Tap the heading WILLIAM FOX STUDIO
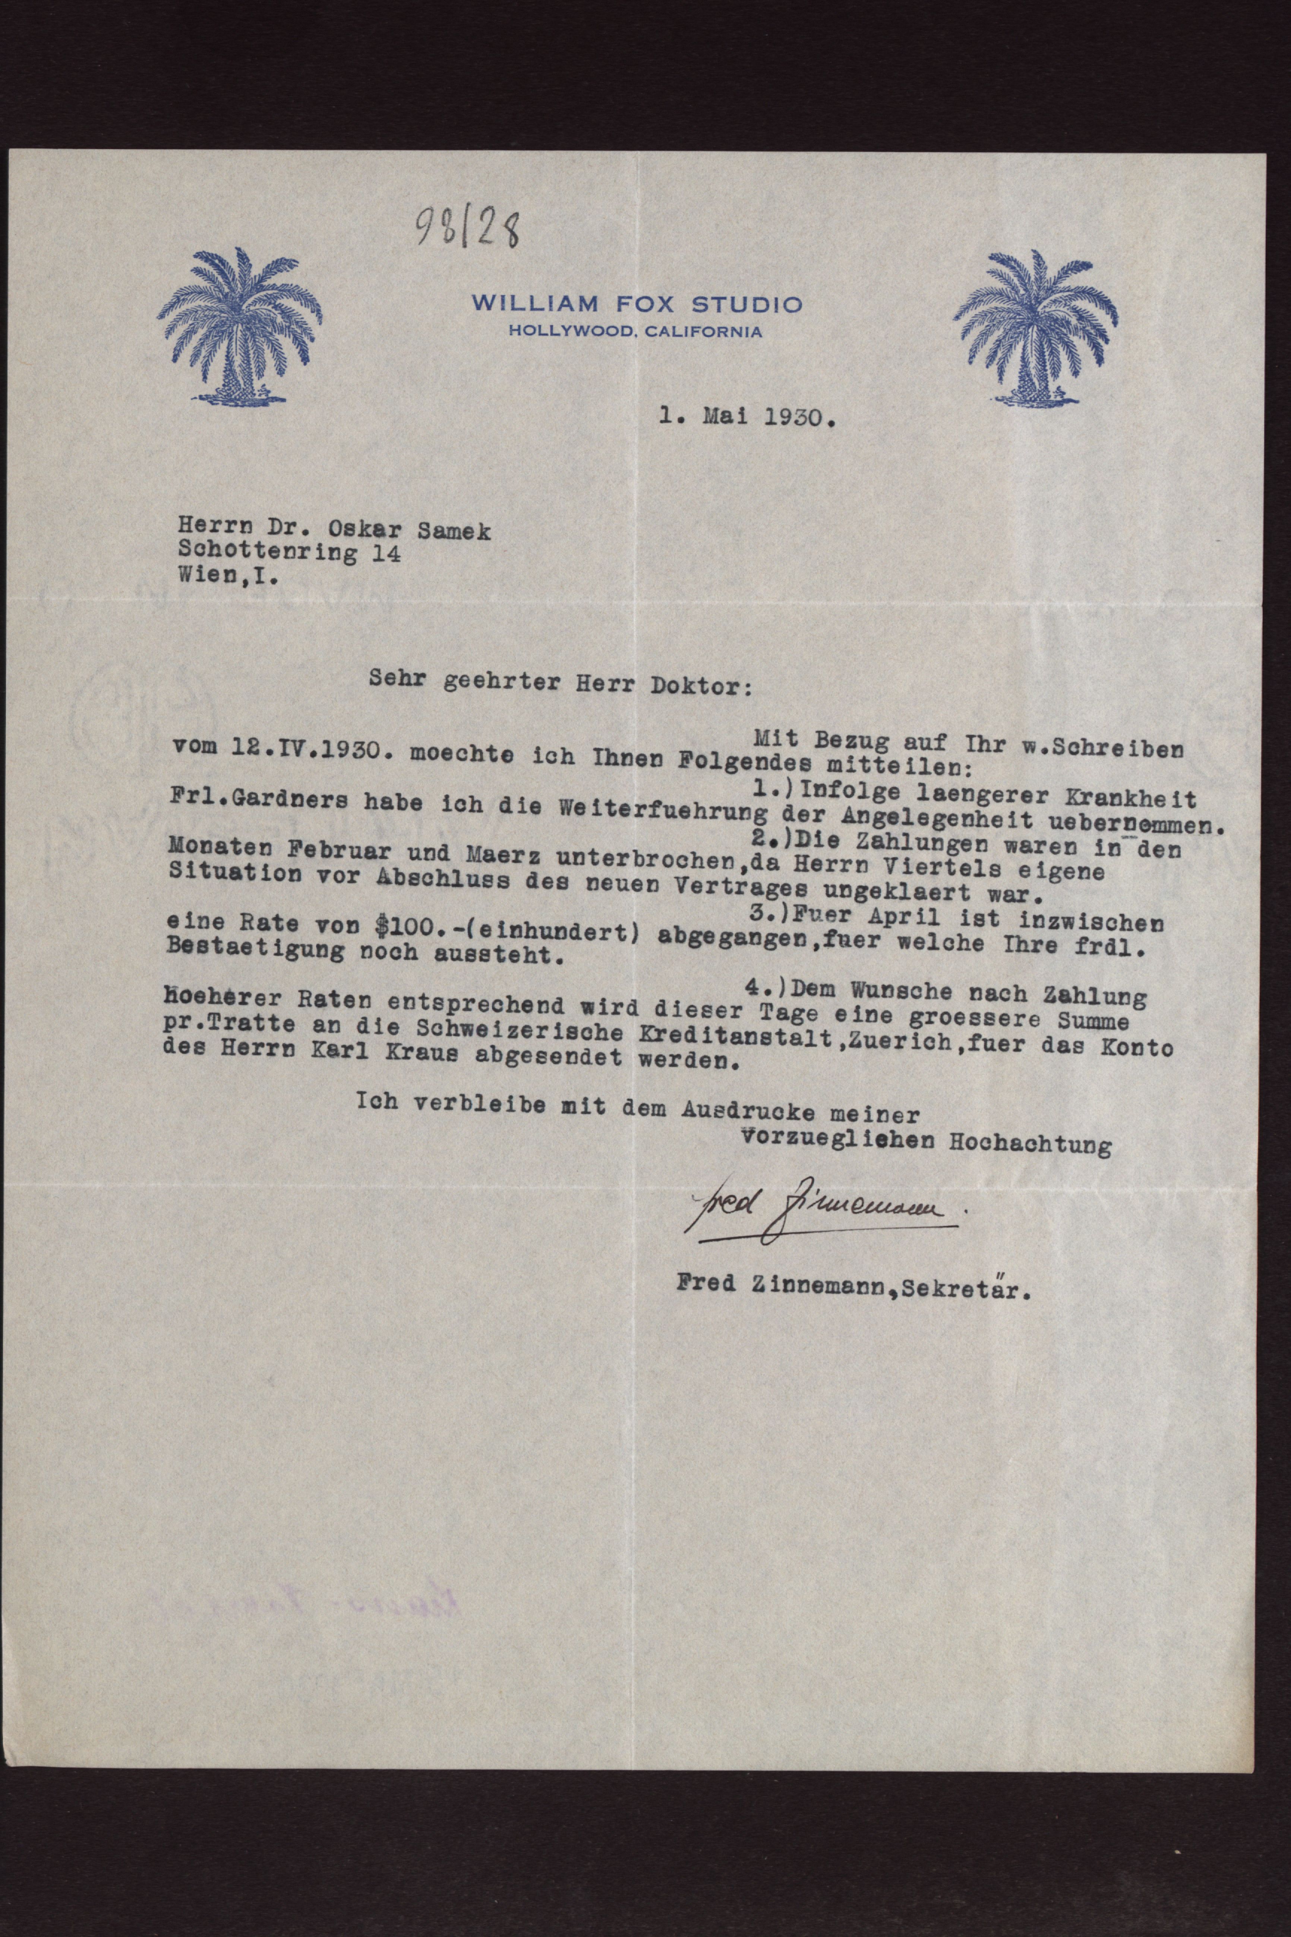[637, 304]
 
